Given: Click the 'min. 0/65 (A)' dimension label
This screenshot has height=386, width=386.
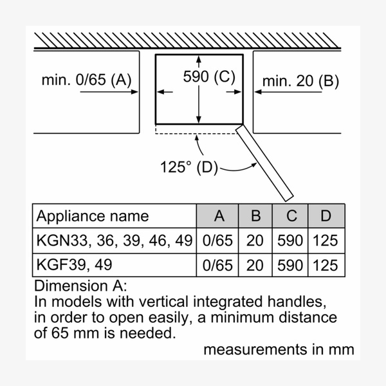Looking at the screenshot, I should pyautogui.click(x=86, y=80).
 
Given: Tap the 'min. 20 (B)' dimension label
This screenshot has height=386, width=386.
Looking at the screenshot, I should pyautogui.click(x=300, y=81).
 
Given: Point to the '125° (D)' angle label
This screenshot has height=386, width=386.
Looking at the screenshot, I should pyautogui.click(x=189, y=167).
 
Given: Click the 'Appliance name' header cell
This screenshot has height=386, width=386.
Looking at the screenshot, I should pyautogui.click(x=93, y=216).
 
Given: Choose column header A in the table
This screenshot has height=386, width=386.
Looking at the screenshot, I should pyautogui.click(x=219, y=216).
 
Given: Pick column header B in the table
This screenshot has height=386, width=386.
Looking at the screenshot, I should pyautogui.click(x=256, y=216).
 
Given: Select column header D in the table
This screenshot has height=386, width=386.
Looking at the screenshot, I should pyautogui.click(x=326, y=216).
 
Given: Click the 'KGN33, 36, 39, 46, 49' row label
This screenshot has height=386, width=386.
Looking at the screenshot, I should pyautogui.click(x=115, y=241).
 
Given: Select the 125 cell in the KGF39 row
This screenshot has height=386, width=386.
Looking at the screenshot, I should pyautogui.click(x=326, y=265).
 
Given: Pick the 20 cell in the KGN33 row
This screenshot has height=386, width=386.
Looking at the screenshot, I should pyautogui.click(x=256, y=241).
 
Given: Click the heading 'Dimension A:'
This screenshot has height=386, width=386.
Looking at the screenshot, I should pyautogui.click(x=82, y=286).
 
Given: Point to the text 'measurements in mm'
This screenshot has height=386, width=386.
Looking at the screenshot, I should pyautogui.click(x=279, y=349).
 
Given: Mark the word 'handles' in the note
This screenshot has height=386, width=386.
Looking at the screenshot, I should pyautogui.click(x=297, y=301).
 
